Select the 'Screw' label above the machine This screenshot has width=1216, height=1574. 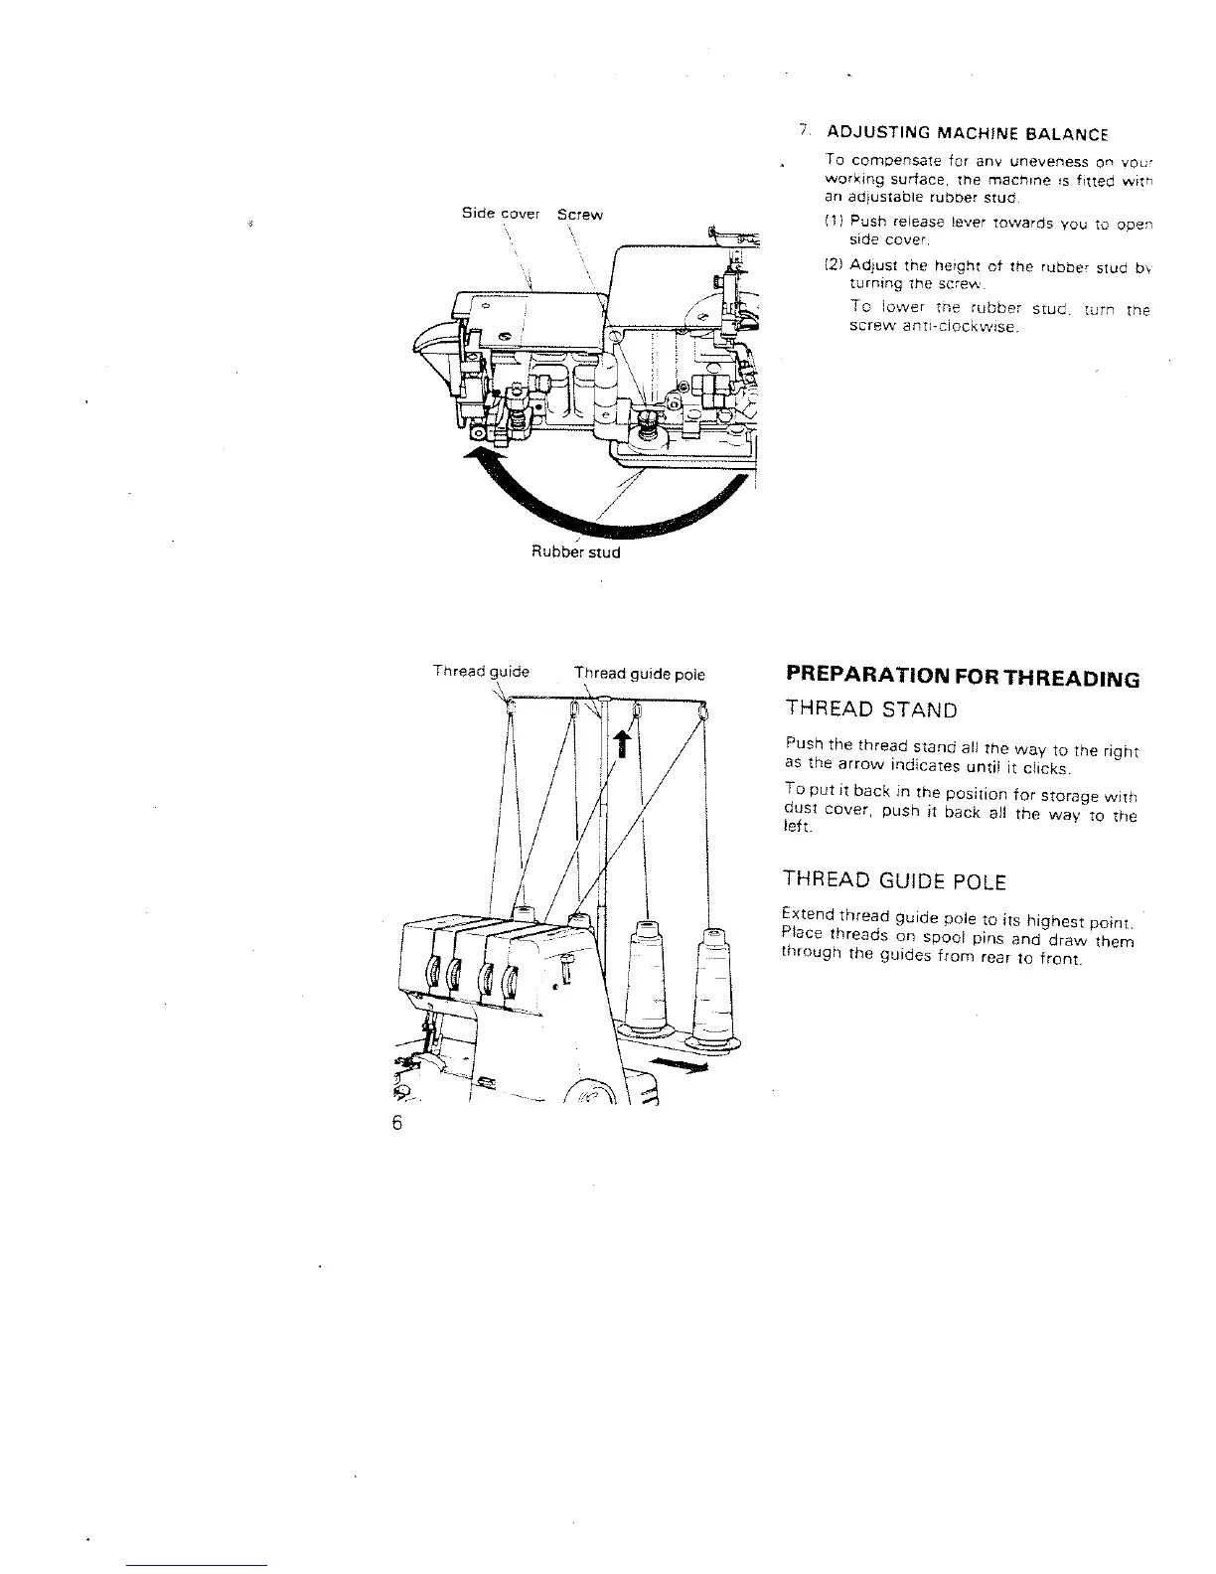click(580, 214)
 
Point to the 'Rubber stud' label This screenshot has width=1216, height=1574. click(576, 551)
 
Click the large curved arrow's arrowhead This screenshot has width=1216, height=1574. click(481, 458)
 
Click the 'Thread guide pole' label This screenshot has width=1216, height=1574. click(640, 674)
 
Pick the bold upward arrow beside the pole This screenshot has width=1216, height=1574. click(623, 739)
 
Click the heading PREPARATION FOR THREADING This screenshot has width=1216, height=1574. click(962, 679)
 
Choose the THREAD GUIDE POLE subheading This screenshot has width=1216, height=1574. click(894, 881)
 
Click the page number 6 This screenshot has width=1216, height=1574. click(397, 1124)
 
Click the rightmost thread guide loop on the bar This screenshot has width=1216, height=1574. click(703, 711)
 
